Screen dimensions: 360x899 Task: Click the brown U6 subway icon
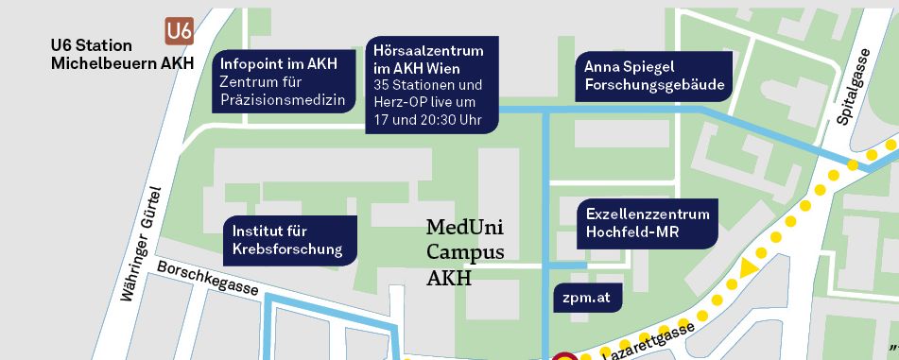tap(179, 31)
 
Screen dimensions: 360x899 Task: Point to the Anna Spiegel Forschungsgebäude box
tap(654, 77)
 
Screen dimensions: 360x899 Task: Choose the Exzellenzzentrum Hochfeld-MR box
tap(647, 223)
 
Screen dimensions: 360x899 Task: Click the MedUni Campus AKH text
tap(466, 252)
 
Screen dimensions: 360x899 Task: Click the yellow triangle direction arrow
tap(748, 267)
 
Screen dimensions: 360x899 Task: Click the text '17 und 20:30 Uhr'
tap(427, 120)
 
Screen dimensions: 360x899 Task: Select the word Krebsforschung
tap(294, 250)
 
